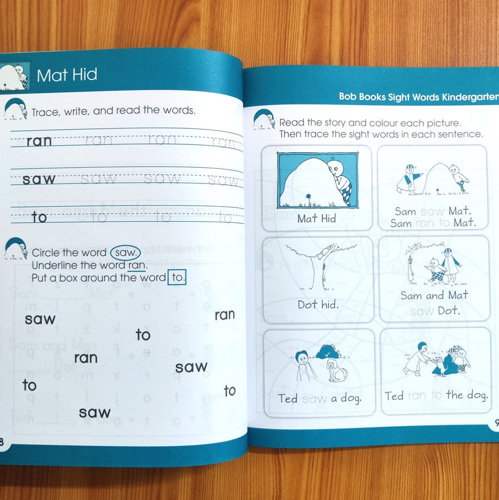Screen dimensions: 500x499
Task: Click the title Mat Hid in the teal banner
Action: coord(67,75)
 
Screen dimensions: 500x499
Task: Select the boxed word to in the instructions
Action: coord(177,278)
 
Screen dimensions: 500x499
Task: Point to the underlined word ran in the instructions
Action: coord(137,266)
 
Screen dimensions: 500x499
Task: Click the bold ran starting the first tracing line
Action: coord(39,141)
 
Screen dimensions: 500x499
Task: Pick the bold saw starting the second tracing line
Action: coord(39,179)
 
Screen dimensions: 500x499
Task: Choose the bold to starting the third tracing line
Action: coord(39,217)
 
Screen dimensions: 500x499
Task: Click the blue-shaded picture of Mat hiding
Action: coord(317,181)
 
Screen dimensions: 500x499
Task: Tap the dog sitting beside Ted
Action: coord(336,370)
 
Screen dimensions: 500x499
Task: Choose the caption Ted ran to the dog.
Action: coord(436,396)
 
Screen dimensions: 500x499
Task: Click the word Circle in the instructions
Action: coord(47,253)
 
